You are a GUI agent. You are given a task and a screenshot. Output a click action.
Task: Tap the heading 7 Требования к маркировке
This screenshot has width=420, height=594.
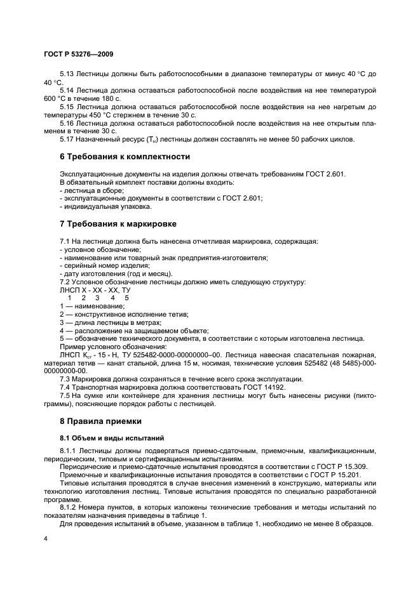tap(118, 224)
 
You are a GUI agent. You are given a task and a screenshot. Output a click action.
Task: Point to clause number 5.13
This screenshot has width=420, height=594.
tap(67, 74)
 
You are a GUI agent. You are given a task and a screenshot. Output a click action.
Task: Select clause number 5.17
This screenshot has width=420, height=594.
tap(67, 138)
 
